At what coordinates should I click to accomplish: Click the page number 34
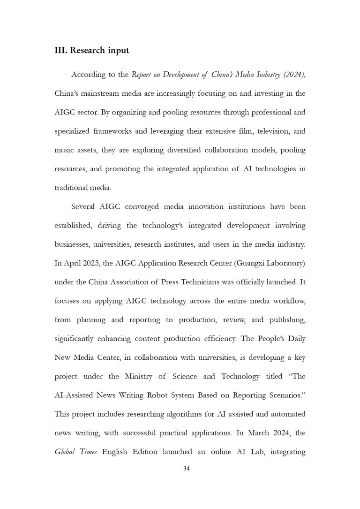click(186, 468)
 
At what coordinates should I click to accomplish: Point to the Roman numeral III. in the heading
click(61, 51)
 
